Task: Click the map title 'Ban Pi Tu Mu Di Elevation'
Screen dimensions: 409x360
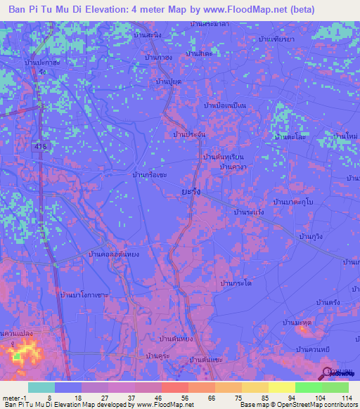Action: pyautogui.click(x=77, y=10)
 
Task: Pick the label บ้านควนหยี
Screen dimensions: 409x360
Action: pyautogui.click(x=314, y=349)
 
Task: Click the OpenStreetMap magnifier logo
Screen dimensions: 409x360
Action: pyautogui.click(x=328, y=372)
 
